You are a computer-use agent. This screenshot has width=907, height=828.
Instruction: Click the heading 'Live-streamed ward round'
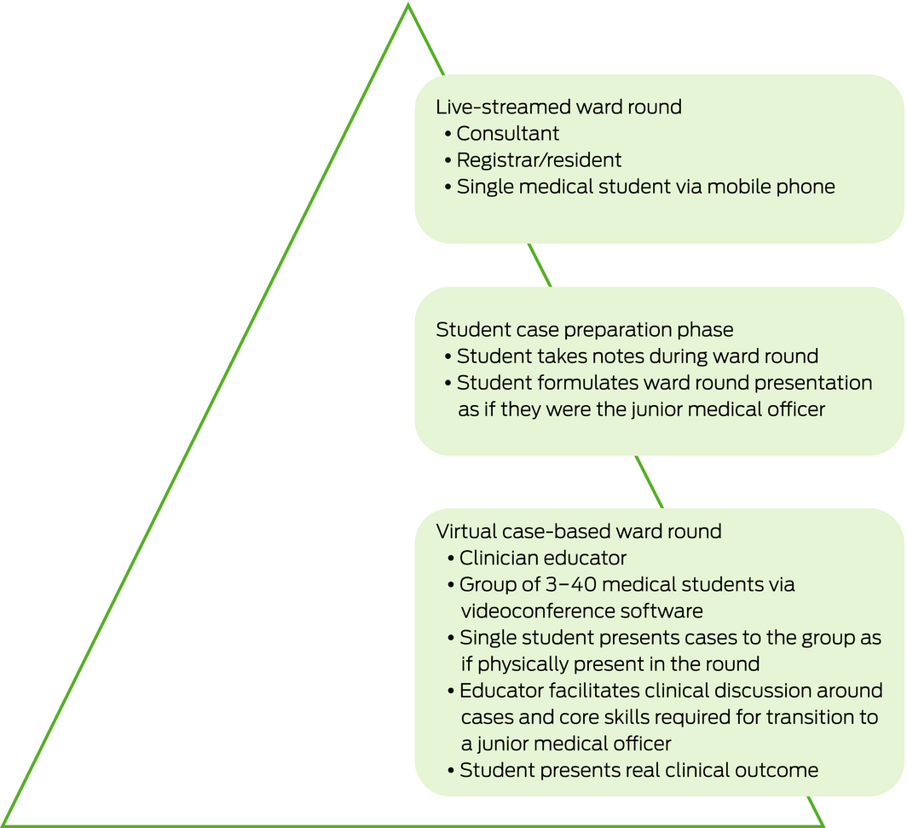click(x=558, y=107)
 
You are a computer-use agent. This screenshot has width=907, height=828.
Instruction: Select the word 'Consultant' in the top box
click(x=508, y=134)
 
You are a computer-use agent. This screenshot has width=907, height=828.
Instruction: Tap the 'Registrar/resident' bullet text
click(x=539, y=160)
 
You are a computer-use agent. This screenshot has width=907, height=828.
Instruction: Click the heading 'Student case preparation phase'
click(x=584, y=330)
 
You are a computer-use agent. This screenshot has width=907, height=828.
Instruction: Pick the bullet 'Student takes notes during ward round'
click(x=638, y=356)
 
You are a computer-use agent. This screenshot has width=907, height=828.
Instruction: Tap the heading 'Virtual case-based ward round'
click(x=579, y=531)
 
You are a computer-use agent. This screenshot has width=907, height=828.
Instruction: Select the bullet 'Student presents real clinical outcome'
click(x=638, y=771)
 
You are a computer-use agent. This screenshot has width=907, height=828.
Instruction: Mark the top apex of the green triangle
click(x=408, y=6)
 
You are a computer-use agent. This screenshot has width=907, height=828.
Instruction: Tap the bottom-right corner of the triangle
click(x=822, y=824)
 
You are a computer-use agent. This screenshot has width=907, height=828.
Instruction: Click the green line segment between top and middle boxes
click(x=539, y=264)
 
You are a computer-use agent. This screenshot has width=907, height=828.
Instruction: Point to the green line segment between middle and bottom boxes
click(x=649, y=481)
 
